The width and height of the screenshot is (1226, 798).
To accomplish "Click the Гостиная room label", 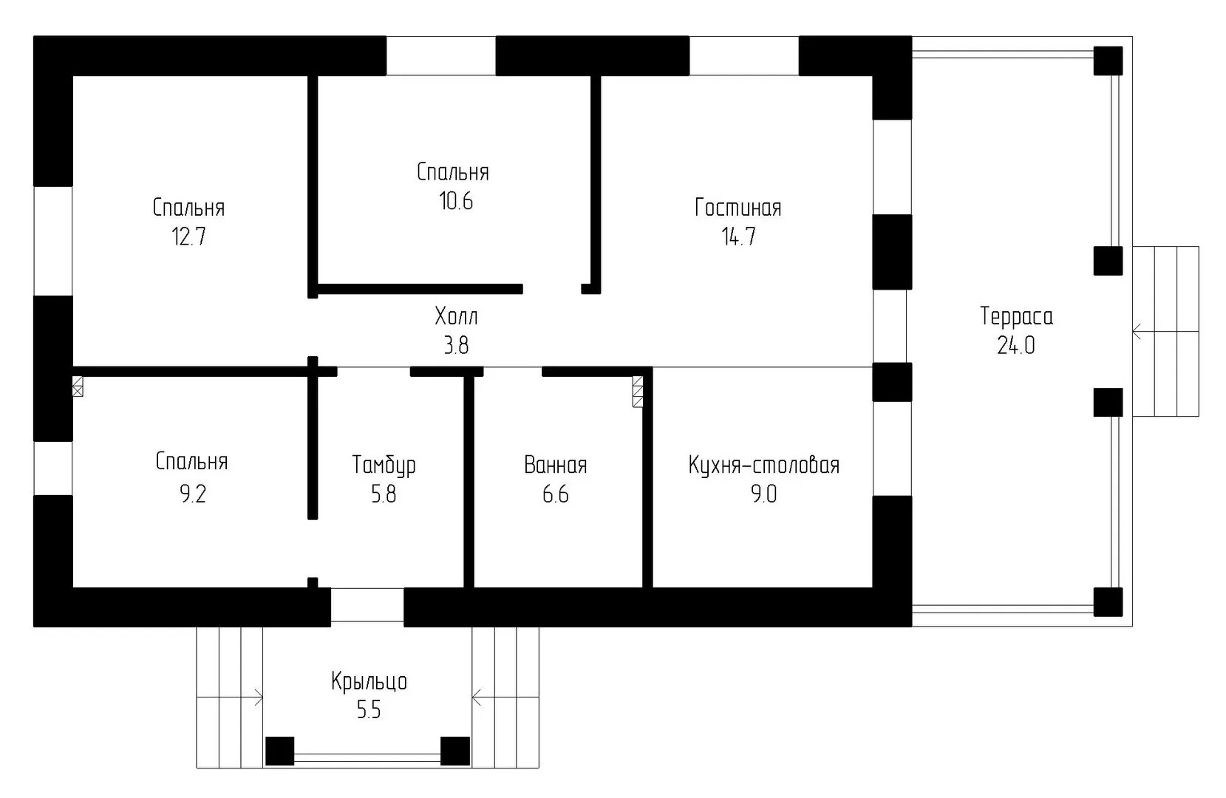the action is (x=738, y=208).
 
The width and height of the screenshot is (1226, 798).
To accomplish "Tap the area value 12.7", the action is (x=189, y=237).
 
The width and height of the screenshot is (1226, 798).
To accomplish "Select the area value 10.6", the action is (x=455, y=202).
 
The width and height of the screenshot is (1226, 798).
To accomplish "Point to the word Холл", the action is (x=456, y=316).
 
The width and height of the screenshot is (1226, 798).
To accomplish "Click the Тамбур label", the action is (x=384, y=465).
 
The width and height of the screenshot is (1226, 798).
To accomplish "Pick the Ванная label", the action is (x=556, y=465).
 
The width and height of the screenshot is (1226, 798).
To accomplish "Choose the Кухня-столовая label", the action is (x=764, y=465).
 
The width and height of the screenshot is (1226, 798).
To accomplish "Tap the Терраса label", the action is (x=1016, y=317).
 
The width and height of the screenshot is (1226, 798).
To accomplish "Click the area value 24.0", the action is (x=1016, y=345).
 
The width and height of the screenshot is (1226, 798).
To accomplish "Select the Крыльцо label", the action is (x=369, y=682).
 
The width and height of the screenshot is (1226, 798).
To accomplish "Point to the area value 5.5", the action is (x=369, y=710).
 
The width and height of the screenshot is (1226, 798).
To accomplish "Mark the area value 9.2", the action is (x=193, y=494).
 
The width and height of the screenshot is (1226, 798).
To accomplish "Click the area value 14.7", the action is (x=738, y=237).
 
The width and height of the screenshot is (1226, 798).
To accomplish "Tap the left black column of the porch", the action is (x=279, y=751).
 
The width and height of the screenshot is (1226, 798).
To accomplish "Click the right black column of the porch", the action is (x=455, y=751).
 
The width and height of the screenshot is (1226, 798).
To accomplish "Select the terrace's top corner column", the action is (x=1108, y=61).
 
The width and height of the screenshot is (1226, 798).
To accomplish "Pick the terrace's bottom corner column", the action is (x=1108, y=602).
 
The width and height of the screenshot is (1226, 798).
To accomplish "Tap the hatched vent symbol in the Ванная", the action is (x=638, y=392).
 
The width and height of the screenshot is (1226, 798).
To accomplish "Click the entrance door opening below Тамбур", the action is (x=367, y=605).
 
